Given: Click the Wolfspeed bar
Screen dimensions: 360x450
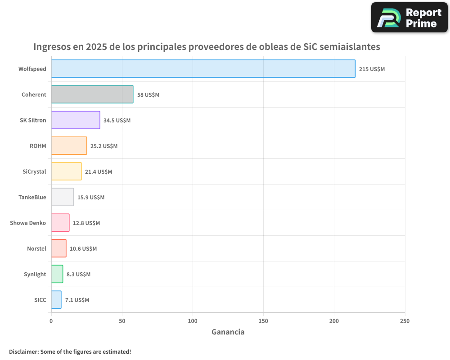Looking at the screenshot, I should [x=203, y=69].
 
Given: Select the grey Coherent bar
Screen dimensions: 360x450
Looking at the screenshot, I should [x=92, y=94].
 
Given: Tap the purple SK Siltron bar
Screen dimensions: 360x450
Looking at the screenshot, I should [x=76, y=120].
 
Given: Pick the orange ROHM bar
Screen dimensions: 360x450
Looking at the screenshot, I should [x=69, y=146].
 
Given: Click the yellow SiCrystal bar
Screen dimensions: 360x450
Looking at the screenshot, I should [x=66, y=171].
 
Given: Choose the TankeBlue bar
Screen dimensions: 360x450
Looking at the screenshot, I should [x=63, y=197].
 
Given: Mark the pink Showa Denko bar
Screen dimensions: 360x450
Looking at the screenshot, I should [x=60, y=223].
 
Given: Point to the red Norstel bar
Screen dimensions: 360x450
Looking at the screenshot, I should [x=58, y=248].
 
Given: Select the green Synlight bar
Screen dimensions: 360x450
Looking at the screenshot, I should [x=57, y=274].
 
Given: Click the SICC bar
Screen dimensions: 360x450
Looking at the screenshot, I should [x=56, y=300].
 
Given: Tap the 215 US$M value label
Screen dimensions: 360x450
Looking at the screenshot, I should [x=372, y=69].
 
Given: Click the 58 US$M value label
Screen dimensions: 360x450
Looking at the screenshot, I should [x=148, y=95].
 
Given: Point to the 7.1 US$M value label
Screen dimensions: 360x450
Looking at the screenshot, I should [x=77, y=300].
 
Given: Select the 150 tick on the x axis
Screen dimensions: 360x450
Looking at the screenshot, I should [x=263, y=321].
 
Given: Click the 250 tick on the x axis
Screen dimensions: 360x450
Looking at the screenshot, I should [x=405, y=321].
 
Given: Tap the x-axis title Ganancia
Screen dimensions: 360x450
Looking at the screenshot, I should [x=228, y=332].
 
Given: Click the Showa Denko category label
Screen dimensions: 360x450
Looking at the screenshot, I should [x=28, y=223].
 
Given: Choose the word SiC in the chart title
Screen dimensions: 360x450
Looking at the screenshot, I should [x=305, y=47].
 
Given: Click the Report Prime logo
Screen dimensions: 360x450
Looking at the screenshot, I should [x=409, y=18].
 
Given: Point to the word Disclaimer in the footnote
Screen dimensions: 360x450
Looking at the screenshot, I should [x=23, y=351].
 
